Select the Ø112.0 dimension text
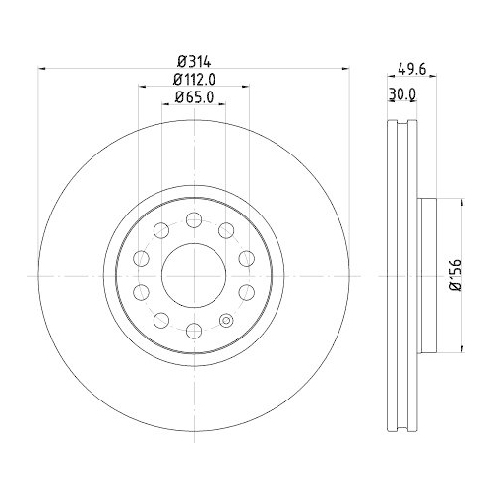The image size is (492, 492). point(194,78)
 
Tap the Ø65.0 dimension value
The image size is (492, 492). point(194,97)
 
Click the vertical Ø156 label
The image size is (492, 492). point(456,275)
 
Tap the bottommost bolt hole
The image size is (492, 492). point(194,331)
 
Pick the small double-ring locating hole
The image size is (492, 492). point(227,321)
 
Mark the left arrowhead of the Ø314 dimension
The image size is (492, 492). point(42,68)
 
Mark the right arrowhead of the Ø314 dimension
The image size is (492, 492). point(345,68)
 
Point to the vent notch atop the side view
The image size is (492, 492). point(398,124)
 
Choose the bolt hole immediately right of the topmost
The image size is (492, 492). point(227,229)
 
